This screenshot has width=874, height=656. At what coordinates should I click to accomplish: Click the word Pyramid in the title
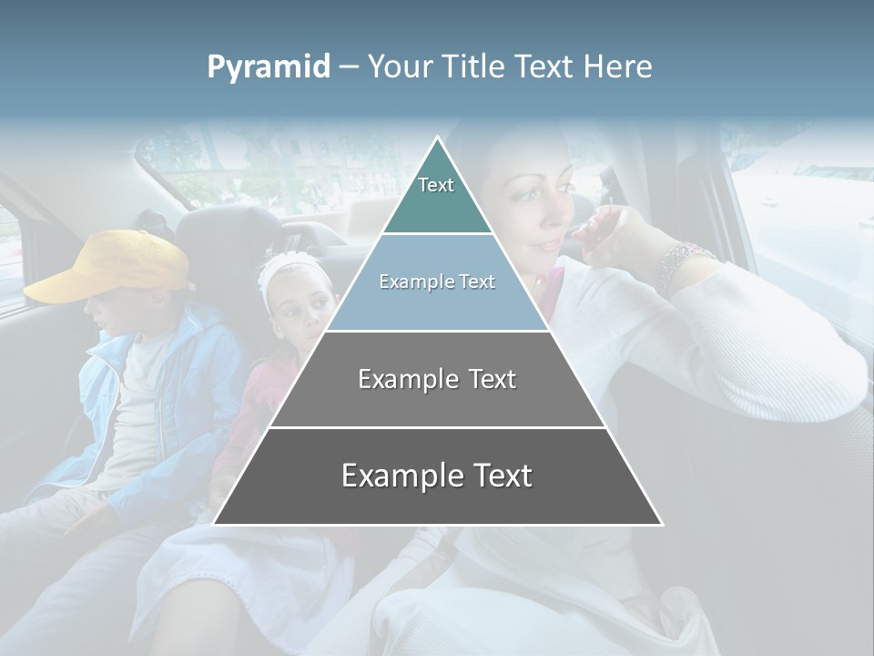click(x=269, y=67)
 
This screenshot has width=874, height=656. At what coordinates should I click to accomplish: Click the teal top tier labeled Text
click(x=437, y=191)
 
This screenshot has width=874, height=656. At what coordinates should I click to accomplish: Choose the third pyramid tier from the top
click(x=437, y=379)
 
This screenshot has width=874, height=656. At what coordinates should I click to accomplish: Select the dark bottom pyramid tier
click(x=437, y=476)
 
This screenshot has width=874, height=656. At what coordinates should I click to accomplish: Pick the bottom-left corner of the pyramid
click(x=215, y=524)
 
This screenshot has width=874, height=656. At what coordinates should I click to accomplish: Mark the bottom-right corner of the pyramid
click(x=661, y=524)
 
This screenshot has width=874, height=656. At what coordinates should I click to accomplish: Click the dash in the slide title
click(x=348, y=67)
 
